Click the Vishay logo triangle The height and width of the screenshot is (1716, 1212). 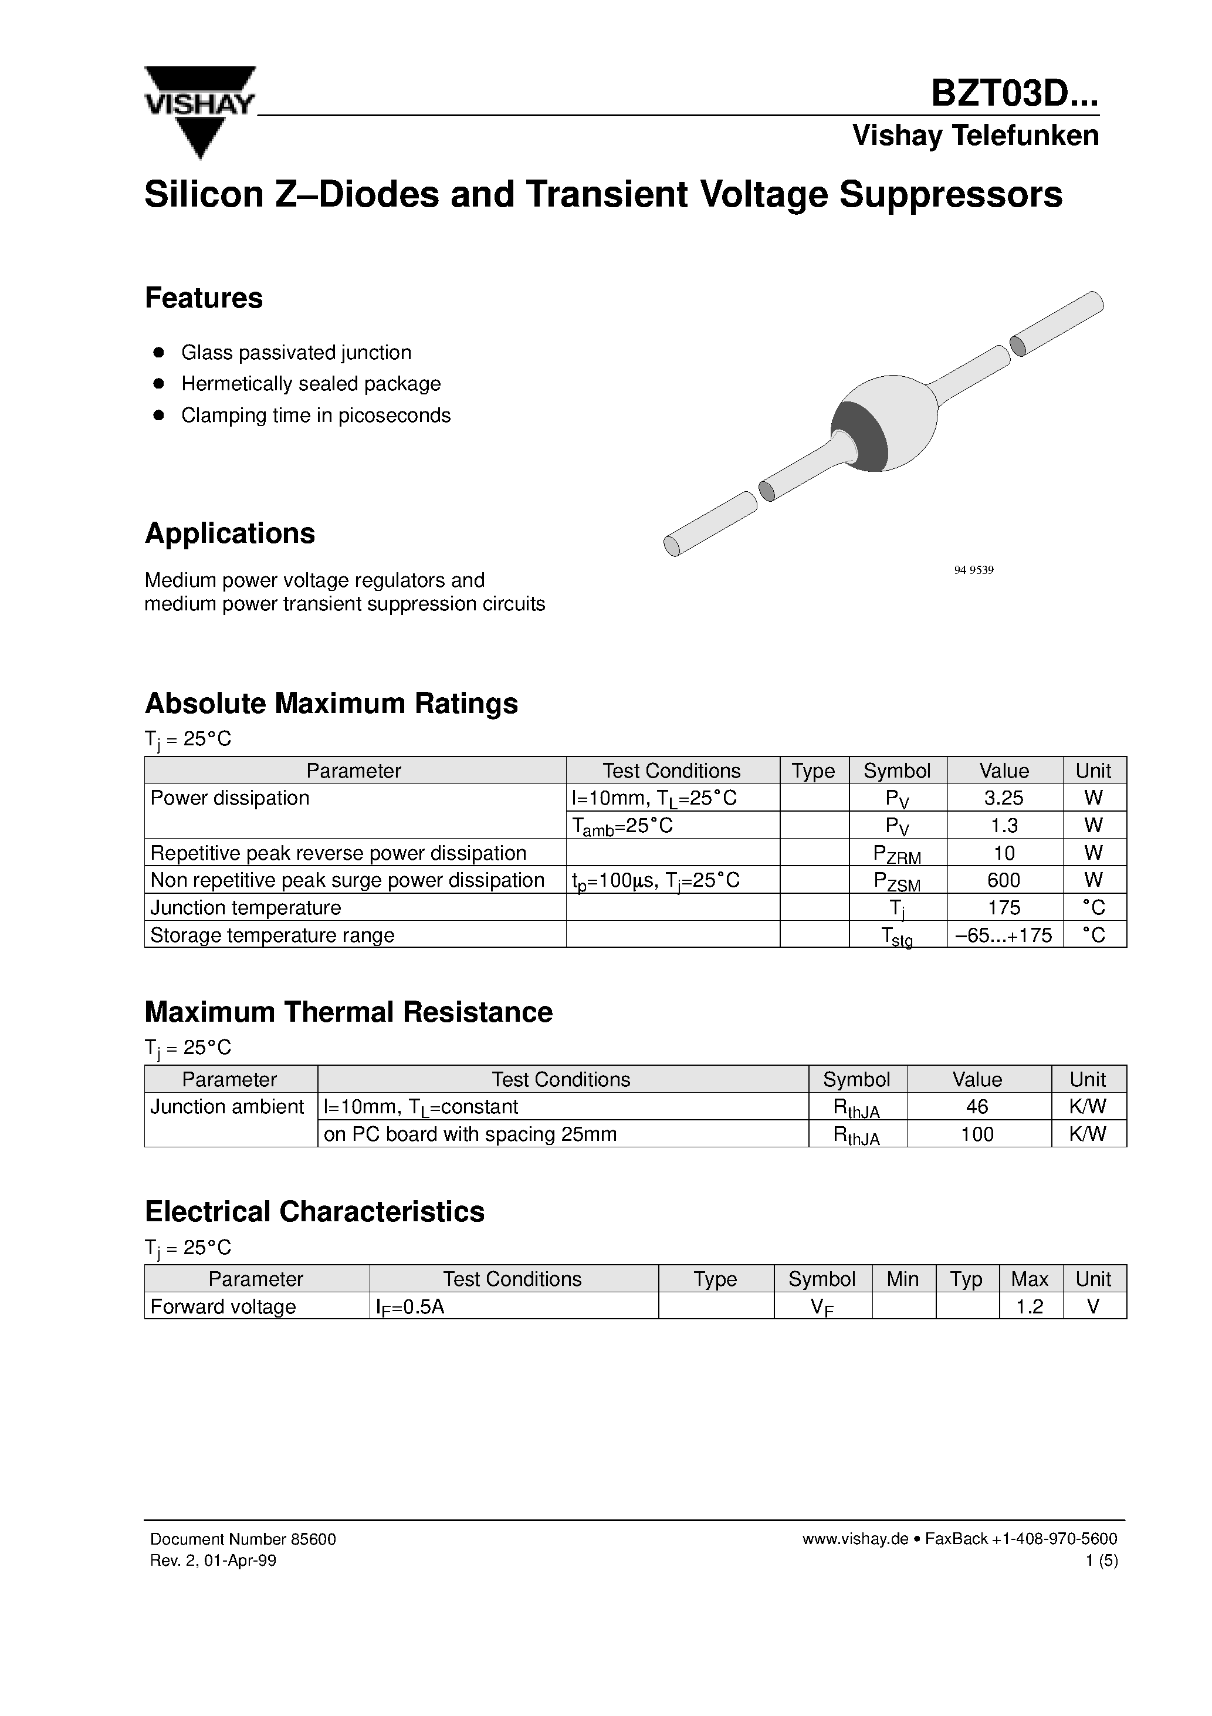click(199, 112)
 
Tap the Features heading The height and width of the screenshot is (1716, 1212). click(203, 298)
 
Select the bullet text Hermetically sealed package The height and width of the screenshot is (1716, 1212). click(311, 383)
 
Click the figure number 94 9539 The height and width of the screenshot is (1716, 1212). click(974, 570)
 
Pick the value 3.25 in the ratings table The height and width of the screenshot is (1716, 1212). click(1004, 798)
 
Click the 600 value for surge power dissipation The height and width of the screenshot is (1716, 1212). click(1004, 880)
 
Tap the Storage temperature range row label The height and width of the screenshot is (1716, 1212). click(272, 935)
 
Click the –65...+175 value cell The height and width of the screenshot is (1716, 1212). click(1004, 935)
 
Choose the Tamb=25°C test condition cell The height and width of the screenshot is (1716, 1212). click(622, 825)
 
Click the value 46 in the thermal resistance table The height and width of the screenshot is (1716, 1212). click(977, 1106)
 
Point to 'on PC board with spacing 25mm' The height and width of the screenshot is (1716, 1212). click(470, 1134)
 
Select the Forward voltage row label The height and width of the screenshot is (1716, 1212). click(223, 1306)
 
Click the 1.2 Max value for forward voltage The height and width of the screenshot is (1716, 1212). click(1029, 1306)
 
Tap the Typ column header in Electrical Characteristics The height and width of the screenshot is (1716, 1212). click(966, 1279)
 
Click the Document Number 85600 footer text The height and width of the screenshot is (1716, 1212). click(243, 1539)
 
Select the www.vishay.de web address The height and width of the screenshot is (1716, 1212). click(855, 1539)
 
